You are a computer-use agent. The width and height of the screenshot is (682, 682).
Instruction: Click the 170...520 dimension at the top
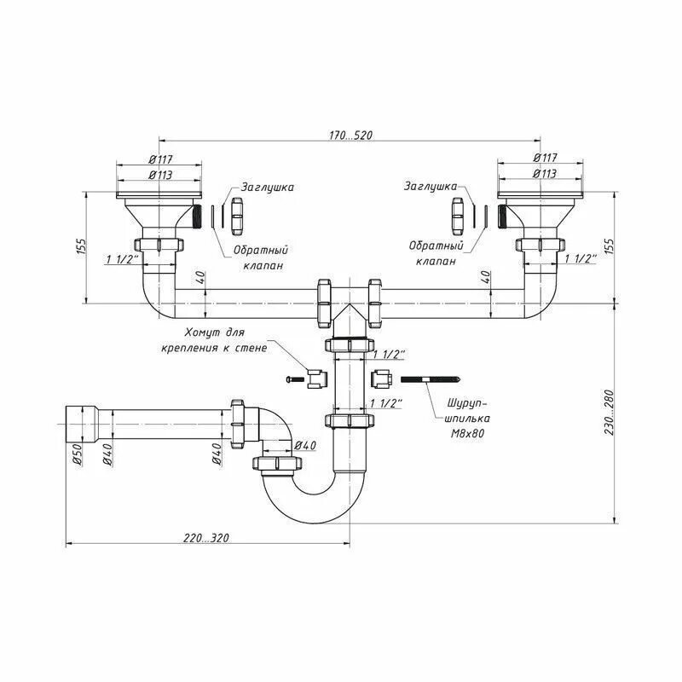(349, 136)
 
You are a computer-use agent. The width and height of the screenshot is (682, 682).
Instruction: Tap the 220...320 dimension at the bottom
(205, 538)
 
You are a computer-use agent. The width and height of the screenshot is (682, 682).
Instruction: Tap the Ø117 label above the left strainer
(162, 158)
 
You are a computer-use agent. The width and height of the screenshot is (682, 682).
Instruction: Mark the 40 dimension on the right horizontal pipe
(486, 277)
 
